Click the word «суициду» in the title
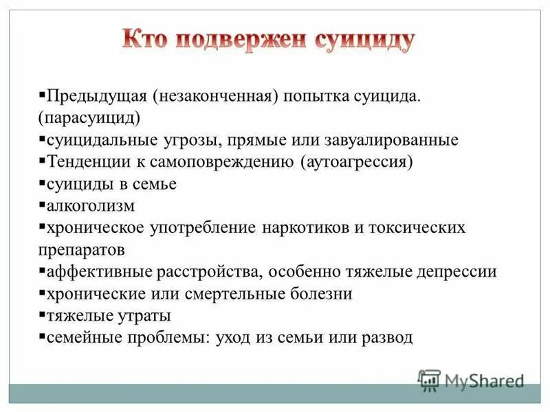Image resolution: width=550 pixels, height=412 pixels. click(x=364, y=41)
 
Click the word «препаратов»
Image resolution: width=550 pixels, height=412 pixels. click(x=82, y=249)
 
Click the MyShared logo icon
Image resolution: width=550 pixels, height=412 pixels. click(x=429, y=380)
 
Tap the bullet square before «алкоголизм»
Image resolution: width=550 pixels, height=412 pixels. click(x=42, y=205)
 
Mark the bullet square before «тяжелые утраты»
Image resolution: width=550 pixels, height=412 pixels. click(x=42, y=315)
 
